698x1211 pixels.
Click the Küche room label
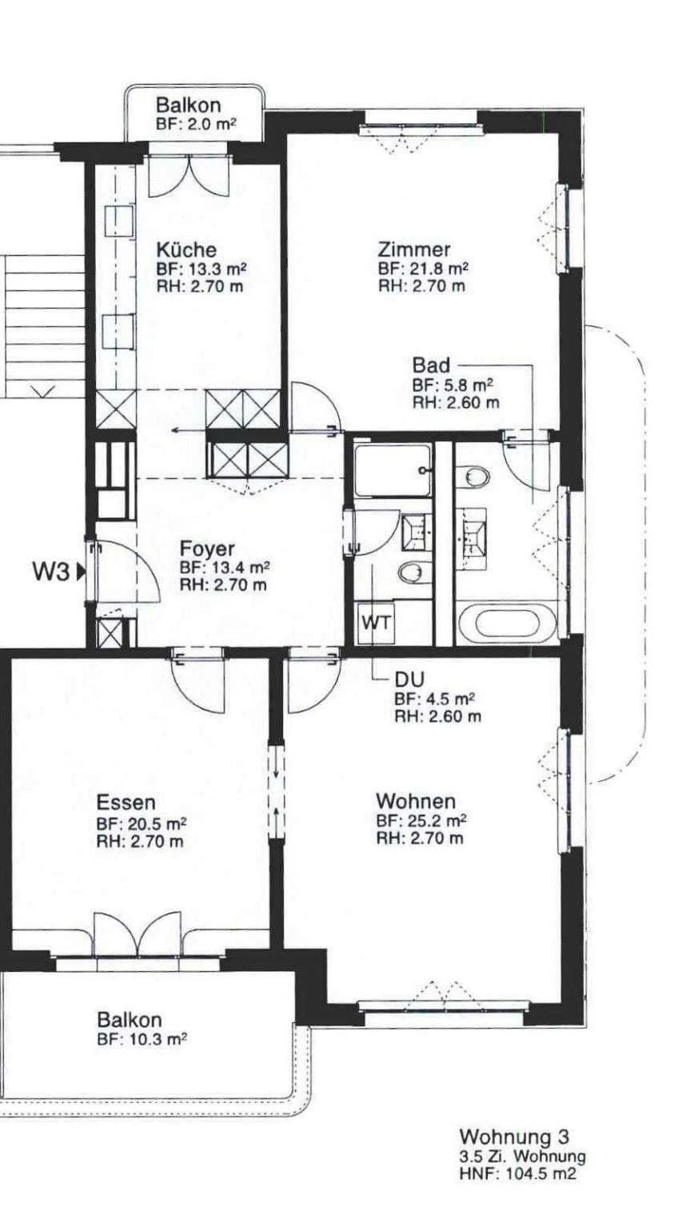point(185,249)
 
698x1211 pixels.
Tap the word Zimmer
point(414,249)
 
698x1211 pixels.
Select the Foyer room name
point(207,549)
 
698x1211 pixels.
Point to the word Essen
point(126,802)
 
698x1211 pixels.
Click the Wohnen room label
point(416,800)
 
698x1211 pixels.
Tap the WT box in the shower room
point(376,623)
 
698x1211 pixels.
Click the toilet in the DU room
point(413,572)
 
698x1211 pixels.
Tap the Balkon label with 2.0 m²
point(188,105)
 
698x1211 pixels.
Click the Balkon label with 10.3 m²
point(130,1020)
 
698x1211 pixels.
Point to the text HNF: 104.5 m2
point(517,1173)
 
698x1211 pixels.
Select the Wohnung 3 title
point(514,1137)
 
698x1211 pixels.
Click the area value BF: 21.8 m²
point(422,269)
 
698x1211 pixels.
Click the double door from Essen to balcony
point(138,934)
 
